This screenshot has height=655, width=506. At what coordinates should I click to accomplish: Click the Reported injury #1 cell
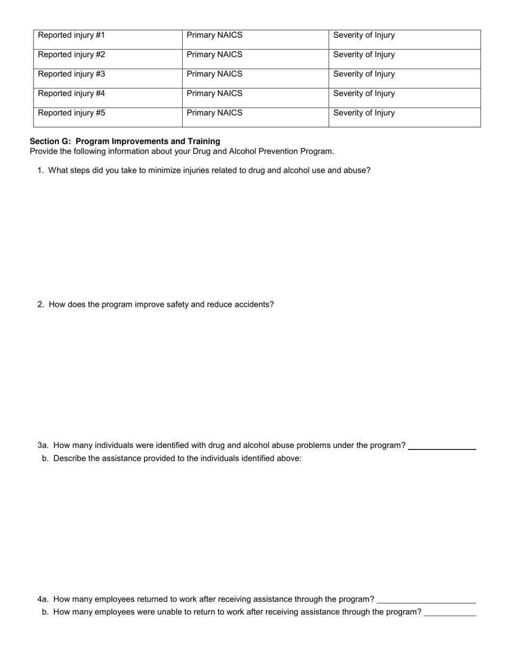point(108,39)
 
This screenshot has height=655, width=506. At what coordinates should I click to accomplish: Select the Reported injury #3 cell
point(108,78)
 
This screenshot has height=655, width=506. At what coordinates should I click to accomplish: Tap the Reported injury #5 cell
point(108,117)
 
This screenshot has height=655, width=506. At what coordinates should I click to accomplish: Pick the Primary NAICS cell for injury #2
point(255,59)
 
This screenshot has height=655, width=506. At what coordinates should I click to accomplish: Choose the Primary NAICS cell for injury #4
point(255,97)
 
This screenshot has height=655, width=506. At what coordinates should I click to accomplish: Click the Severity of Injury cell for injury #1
point(404,39)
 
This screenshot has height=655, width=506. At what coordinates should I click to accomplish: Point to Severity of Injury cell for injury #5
point(404,117)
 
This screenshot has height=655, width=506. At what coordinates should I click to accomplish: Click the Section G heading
point(125,141)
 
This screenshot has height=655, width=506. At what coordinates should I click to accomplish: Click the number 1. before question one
point(40,170)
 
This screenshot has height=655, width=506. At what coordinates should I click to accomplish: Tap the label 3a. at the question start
point(43,445)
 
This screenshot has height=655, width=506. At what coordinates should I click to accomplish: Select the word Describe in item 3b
point(70,458)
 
